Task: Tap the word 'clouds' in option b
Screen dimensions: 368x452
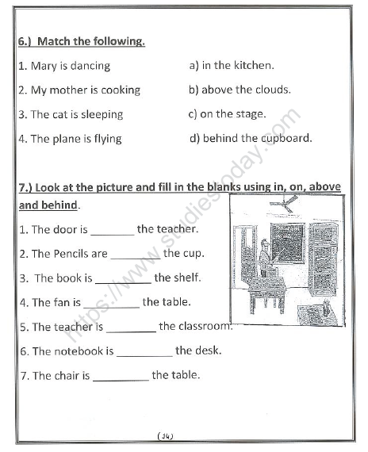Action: pyautogui.click(x=271, y=90)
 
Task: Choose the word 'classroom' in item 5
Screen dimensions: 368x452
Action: pyautogui.click(x=206, y=326)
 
